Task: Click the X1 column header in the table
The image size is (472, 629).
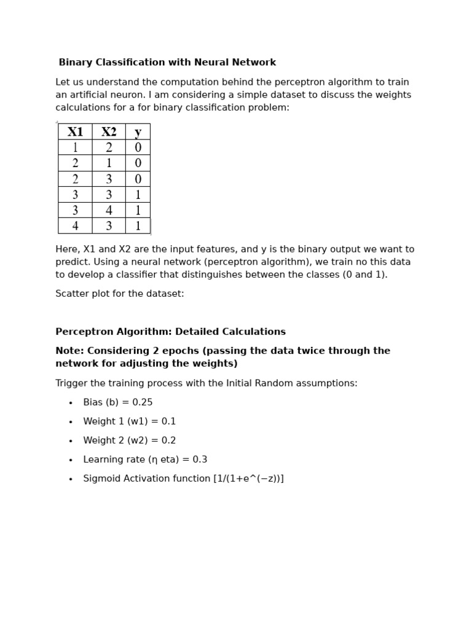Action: (75, 131)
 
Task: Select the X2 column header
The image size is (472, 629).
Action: (109, 131)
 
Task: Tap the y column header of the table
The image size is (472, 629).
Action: (138, 131)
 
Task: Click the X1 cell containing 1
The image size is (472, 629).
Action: (75, 147)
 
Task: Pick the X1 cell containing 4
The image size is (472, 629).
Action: (75, 226)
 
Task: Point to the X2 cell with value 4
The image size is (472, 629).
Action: (109, 211)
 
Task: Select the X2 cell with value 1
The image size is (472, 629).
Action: (109, 163)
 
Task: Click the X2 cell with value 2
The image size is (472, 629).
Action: (109, 147)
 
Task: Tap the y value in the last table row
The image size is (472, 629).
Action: (138, 226)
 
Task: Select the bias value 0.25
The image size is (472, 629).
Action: (141, 402)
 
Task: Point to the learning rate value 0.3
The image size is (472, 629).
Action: (200, 459)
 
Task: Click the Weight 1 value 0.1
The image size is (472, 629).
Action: (168, 421)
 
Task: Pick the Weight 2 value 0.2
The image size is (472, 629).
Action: (168, 440)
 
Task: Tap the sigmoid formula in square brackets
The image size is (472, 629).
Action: (248, 479)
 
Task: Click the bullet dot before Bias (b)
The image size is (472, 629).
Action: (71, 403)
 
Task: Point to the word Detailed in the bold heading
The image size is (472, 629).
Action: (195, 332)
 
